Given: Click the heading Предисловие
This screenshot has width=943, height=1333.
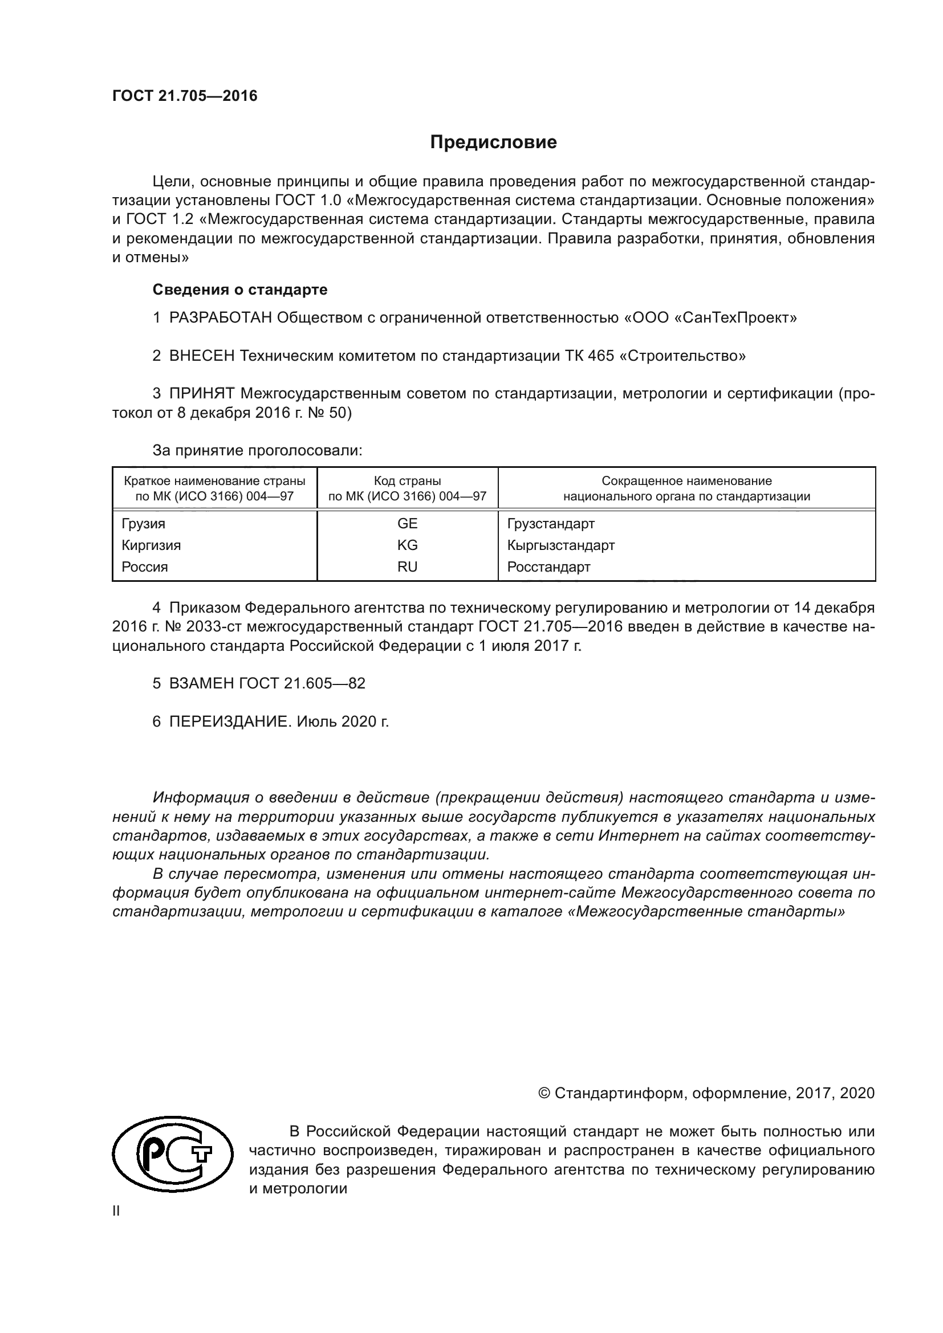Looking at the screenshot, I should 493,142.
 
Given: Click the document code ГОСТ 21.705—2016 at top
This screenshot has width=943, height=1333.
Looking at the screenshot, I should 185,96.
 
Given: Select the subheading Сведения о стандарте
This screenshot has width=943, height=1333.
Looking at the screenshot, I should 240,289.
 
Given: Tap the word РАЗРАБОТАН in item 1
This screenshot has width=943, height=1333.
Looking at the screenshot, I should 221,317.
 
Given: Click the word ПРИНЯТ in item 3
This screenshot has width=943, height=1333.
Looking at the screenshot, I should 201,393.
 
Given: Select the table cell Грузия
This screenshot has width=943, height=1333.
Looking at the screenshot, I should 144,524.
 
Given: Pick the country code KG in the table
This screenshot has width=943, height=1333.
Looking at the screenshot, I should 407,545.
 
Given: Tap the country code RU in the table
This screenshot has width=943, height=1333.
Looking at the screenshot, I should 407,566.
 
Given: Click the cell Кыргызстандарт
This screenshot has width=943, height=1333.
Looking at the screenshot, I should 560,545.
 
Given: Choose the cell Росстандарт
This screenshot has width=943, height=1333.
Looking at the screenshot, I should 548,566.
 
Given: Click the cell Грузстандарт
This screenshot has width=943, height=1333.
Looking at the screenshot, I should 551,524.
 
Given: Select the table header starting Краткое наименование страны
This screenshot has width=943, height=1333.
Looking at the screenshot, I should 214,488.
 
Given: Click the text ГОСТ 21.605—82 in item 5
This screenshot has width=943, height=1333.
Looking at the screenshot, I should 302,683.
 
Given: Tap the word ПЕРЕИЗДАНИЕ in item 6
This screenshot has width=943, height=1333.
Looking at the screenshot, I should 229,721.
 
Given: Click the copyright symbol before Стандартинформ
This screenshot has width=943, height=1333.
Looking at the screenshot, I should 544,1093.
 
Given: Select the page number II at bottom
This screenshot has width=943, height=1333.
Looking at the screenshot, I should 116,1211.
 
